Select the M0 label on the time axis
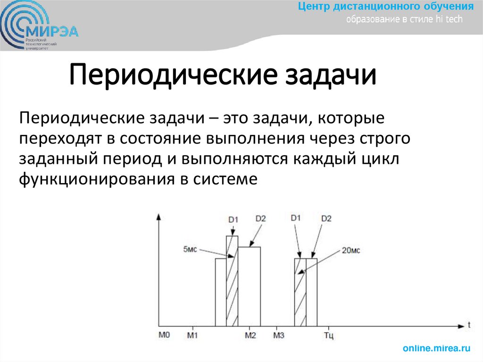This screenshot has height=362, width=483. tap(164, 336)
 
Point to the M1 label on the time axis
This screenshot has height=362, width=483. tap(192, 336)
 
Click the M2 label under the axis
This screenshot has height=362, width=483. tap(250, 336)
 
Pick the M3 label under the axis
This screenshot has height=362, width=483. tap(279, 336)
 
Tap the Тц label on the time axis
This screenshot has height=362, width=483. tap(329, 336)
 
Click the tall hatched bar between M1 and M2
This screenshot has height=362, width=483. tap(232, 281)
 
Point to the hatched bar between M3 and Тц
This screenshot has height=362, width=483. tap(300, 292)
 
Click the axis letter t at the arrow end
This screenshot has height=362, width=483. tap(470, 325)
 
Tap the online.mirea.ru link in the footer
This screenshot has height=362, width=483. tap(437, 348)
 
